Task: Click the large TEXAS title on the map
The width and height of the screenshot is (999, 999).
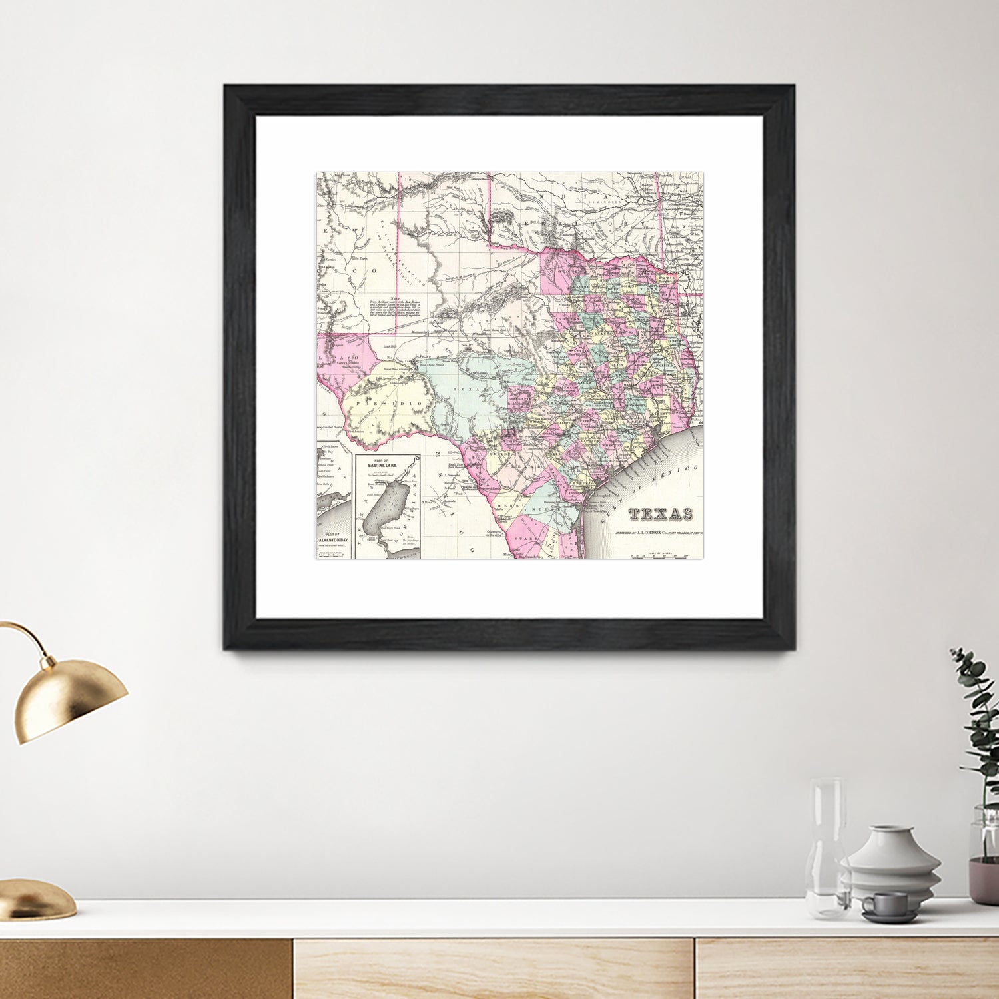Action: [659, 514]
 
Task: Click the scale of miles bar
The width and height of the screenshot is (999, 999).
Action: [661, 555]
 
